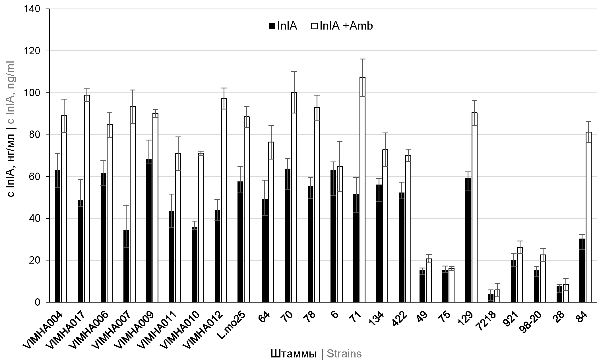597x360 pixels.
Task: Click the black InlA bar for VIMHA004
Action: pyautogui.click(x=58, y=236)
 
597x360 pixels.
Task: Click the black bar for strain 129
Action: pyautogui.click(x=468, y=240)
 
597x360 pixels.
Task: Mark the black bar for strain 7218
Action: pyautogui.click(x=491, y=298)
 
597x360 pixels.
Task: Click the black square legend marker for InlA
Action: pyautogui.click(x=272, y=26)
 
